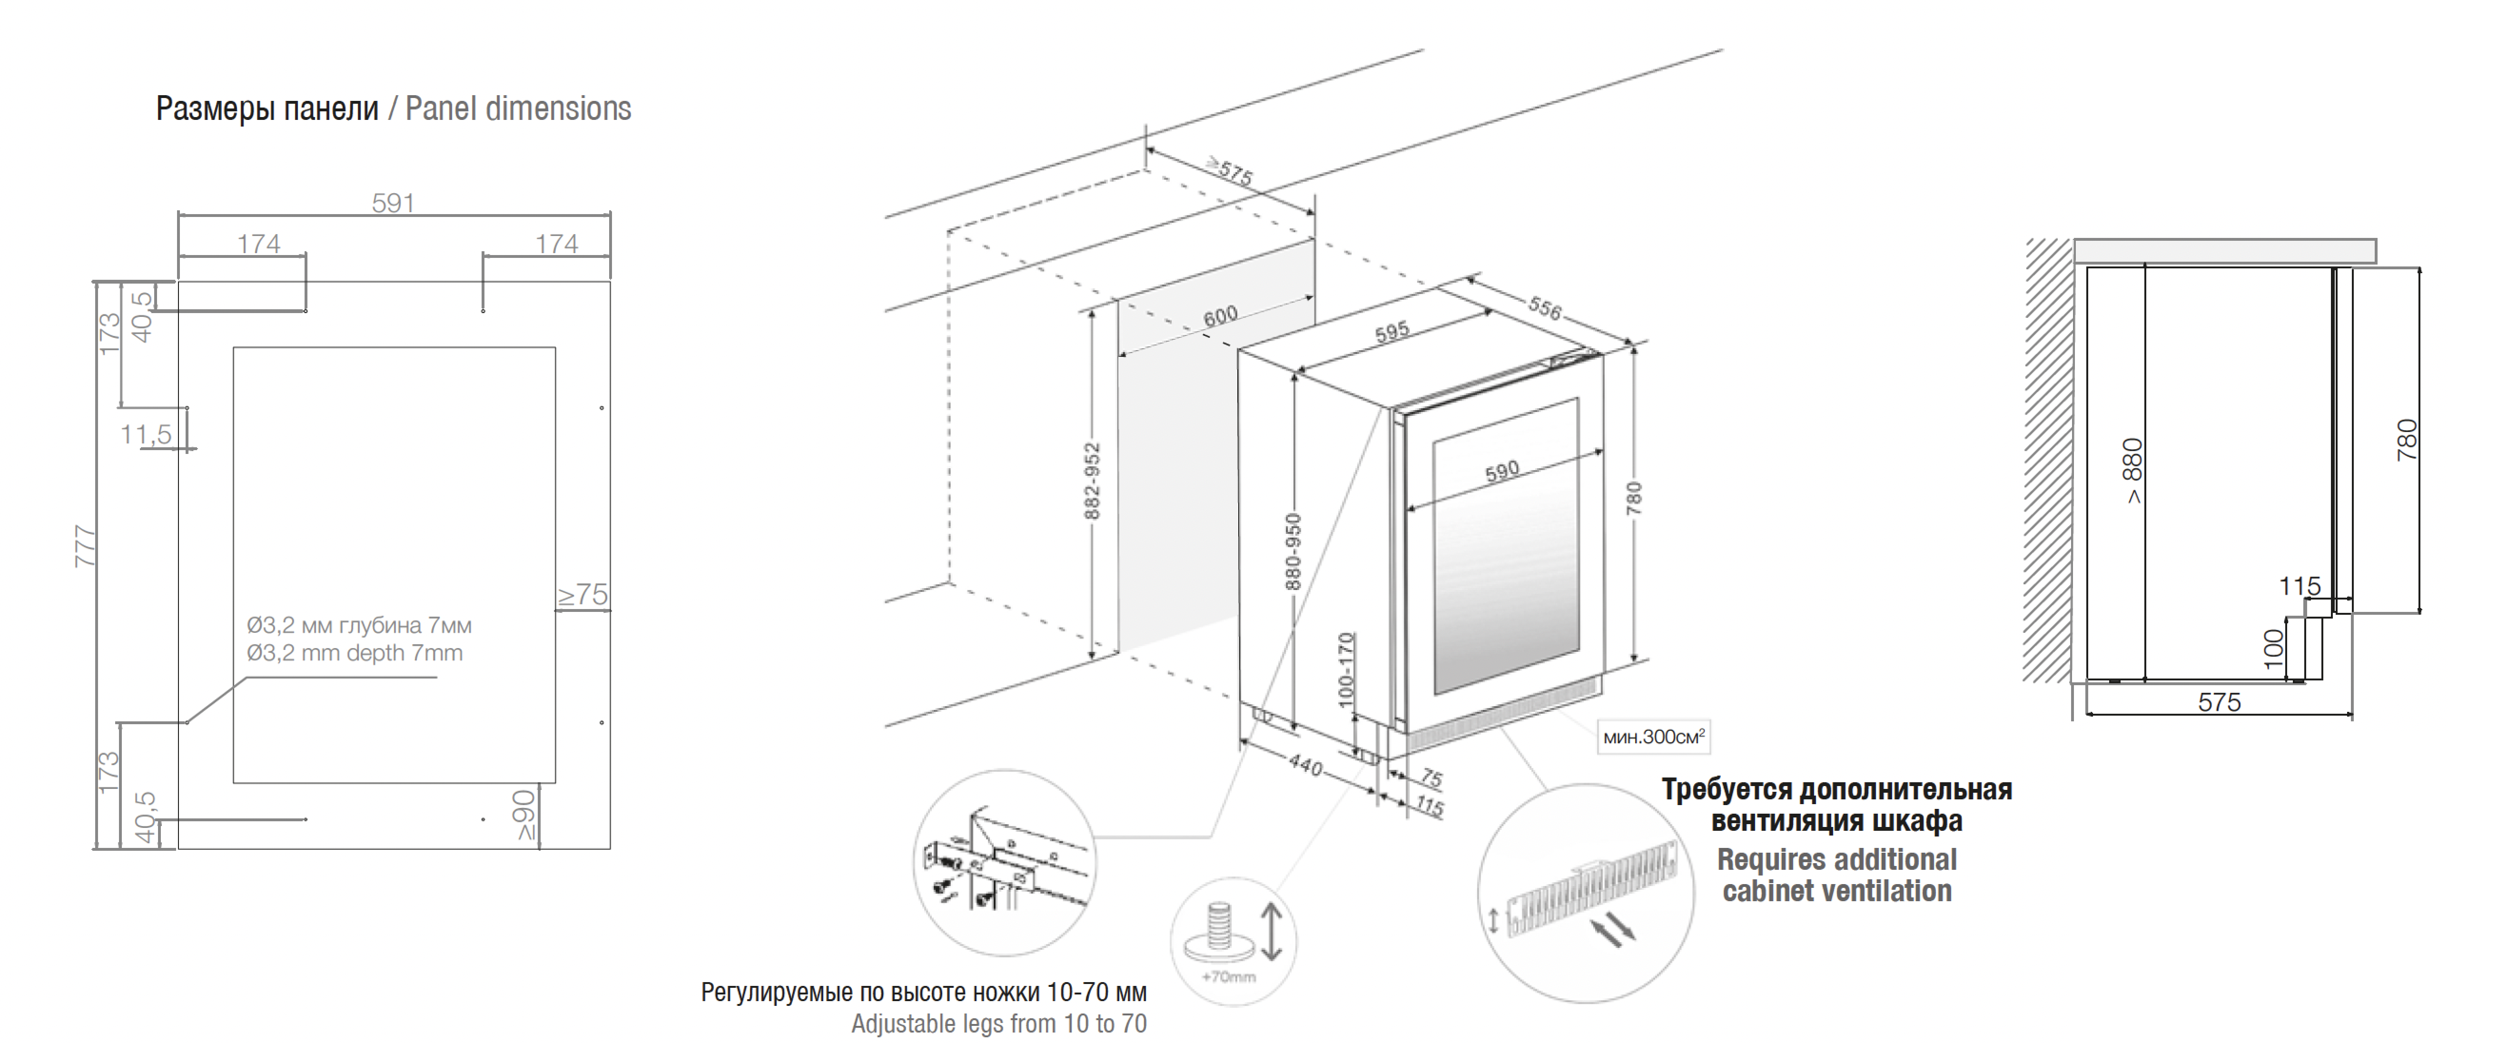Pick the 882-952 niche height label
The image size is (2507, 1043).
(1092, 481)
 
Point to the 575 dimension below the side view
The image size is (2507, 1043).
(2219, 702)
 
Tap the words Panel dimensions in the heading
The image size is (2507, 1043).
(518, 109)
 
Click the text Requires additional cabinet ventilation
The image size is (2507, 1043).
(1836, 875)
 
